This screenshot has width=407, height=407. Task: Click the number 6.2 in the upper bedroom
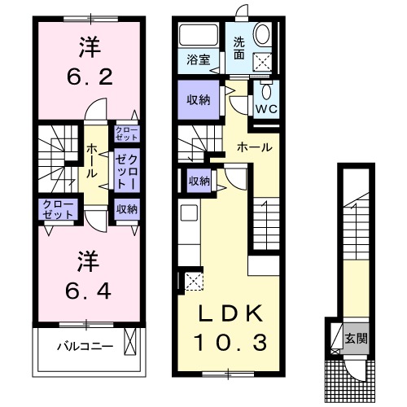point(88,80)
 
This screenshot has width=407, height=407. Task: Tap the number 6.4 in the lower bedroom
point(88,291)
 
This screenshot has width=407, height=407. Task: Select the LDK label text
point(227,313)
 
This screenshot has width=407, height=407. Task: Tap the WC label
point(266,107)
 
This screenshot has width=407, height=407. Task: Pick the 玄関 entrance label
point(352,339)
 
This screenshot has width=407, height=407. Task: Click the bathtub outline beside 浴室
point(195,35)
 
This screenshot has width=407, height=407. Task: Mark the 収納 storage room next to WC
point(198,101)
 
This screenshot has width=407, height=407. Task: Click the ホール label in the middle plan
point(254,147)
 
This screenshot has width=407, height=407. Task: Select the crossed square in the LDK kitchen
point(194,282)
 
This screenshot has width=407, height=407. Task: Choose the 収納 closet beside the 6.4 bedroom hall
point(125,209)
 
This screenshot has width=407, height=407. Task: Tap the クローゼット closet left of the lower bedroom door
point(55,209)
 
